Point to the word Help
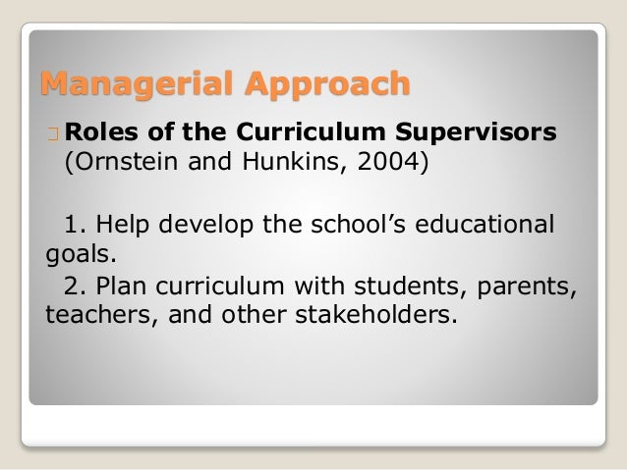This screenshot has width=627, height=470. pyautogui.click(x=121, y=224)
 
